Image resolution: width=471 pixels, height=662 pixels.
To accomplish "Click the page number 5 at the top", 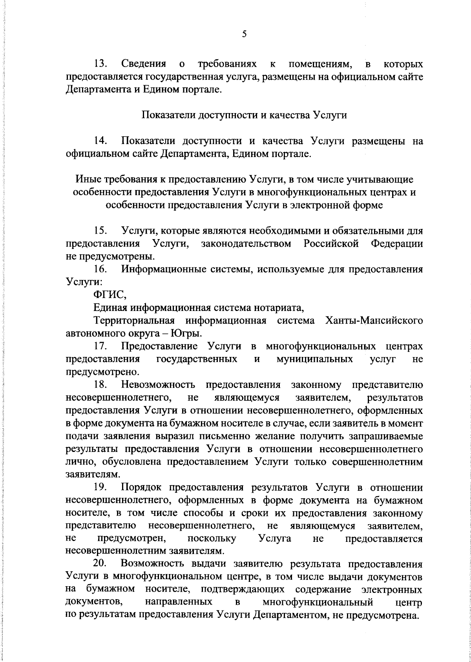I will tap(244, 34).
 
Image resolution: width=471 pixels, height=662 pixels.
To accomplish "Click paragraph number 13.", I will tap(100, 64).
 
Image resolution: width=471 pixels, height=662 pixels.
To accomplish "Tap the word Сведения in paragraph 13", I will tap(144, 64).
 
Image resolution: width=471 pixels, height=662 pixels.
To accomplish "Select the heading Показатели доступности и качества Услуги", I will tap(244, 115).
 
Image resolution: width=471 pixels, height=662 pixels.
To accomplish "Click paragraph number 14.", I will tap(100, 141).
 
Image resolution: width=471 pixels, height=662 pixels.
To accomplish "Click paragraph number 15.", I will tap(100, 231).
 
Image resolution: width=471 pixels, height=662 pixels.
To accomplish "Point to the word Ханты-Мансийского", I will tap(374, 320).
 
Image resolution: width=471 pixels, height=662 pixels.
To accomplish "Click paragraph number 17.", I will tap(100, 346).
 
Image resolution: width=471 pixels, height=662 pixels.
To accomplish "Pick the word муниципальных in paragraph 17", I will tap(314, 359).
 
